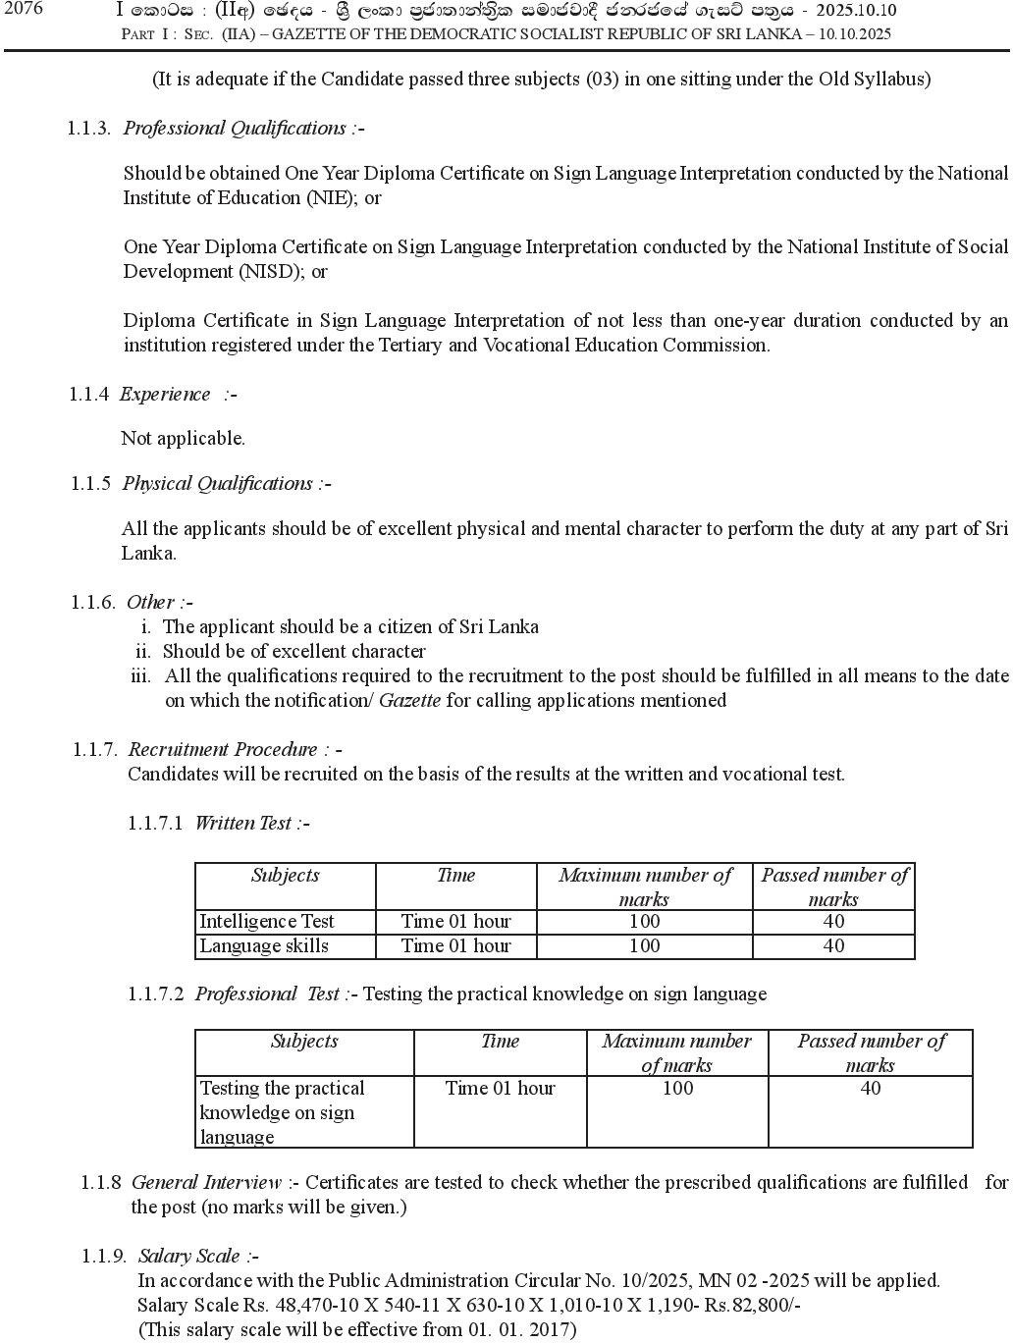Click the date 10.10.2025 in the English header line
coord(852,34)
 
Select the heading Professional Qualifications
coord(234,129)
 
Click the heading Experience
coord(165,395)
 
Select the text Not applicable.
coord(183,439)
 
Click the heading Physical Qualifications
coord(218,484)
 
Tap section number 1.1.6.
coord(93,602)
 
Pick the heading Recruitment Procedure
coord(223,750)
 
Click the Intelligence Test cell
coord(267,922)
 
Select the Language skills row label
coord(264,946)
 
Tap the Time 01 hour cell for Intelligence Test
coord(455,922)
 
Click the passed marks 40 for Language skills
coord(833,946)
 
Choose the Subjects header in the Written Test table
coord(285,876)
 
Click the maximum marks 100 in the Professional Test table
coord(677,1089)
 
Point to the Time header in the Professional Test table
coord(500,1042)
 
